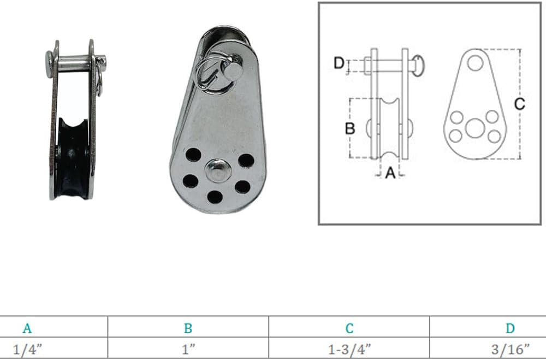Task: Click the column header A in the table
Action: (27, 328)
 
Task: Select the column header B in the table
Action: (188, 328)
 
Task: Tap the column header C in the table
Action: (349, 328)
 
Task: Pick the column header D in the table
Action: (510, 328)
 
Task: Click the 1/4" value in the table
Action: (27, 349)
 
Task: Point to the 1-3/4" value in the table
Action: (349, 349)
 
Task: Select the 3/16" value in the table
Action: (510, 349)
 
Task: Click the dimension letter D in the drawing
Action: (339, 63)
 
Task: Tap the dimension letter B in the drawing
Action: (350, 128)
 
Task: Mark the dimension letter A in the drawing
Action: (390, 173)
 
